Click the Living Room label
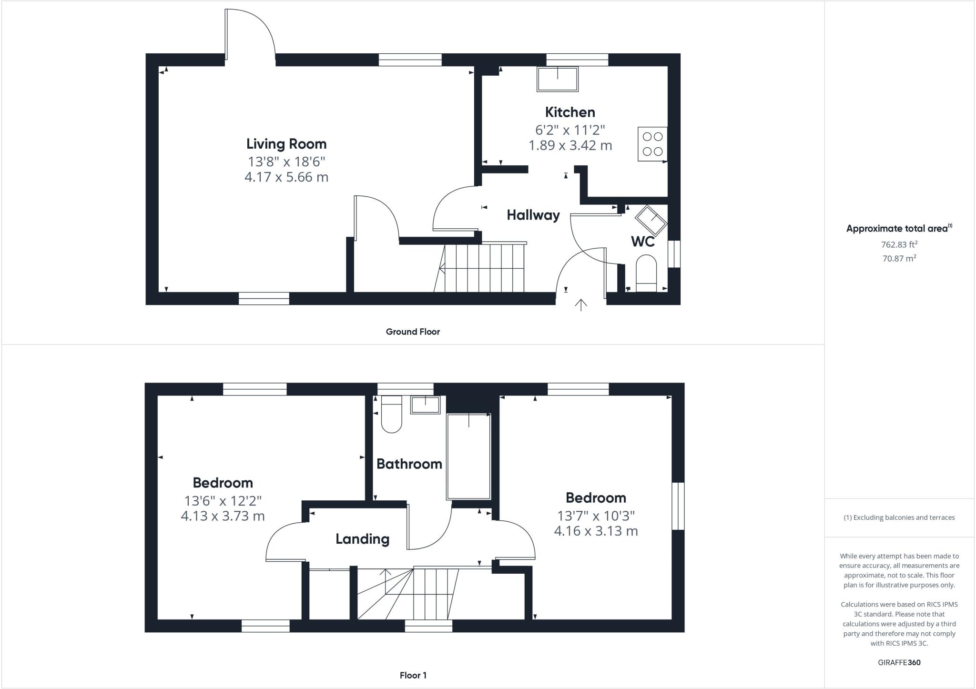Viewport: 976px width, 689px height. click(286, 144)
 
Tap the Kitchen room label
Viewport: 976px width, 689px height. click(570, 112)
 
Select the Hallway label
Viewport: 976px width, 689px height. click(533, 215)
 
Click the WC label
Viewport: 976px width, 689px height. click(642, 242)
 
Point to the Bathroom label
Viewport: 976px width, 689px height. click(409, 464)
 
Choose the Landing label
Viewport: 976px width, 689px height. click(362, 539)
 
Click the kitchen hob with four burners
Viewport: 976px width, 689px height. click(652, 144)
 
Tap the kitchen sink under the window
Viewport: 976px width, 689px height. click(558, 79)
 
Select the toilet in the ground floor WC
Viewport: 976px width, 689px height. click(646, 273)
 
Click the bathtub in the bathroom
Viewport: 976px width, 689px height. click(468, 456)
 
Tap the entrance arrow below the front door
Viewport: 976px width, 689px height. click(581, 304)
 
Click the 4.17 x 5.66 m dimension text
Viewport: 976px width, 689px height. click(286, 177)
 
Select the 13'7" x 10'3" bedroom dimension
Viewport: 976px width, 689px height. click(596, 516)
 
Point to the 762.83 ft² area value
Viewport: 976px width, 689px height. click(899, 245)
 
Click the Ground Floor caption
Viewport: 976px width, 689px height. click(413, 332)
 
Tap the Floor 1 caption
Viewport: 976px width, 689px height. click(413, 675)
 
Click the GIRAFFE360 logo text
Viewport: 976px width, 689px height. click(899, 662)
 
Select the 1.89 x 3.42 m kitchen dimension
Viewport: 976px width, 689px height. click(570, 146)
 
